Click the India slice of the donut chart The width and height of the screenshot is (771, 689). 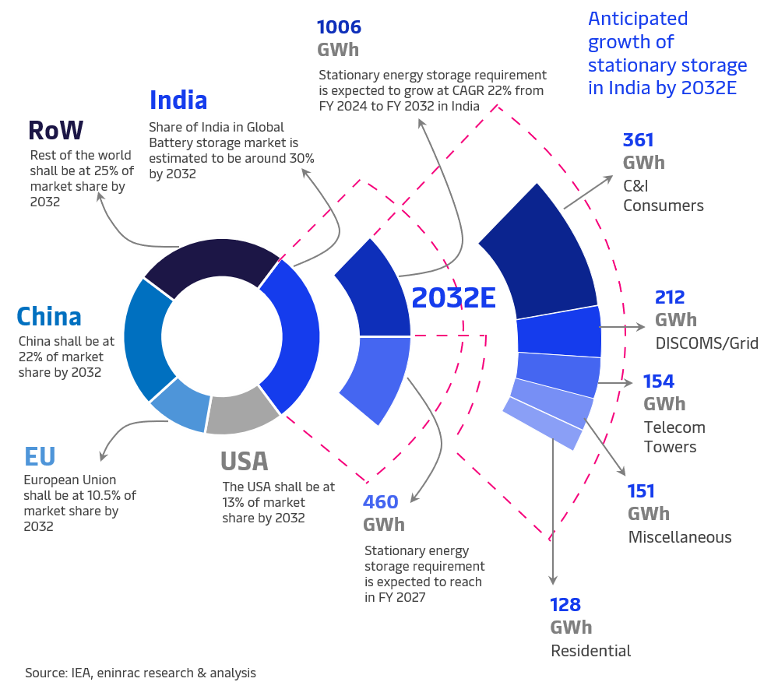click(x=294, y=335)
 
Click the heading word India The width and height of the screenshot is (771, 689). click(x=178, y=100)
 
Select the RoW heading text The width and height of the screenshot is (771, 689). click(x=55, y=129)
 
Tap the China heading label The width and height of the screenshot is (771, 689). click(x=49, y=317)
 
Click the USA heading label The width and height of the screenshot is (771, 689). click(x=245, y=462)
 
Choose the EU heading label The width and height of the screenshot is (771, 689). click(x=40, y=455)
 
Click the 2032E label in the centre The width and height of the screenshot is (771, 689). click(x=453, y=298)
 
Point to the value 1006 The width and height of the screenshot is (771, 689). click(x=339, y=28)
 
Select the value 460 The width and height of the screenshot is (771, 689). click(x=381, y=502)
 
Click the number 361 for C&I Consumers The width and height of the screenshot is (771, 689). click(x=638, y=141)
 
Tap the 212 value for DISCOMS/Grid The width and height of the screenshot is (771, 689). click(x=670, y=297)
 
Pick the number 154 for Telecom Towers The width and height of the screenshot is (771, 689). click(x=658, y=381)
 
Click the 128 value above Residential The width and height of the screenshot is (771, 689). click(x=566, y=605)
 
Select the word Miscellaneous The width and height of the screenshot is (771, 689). click(x=680, y=537)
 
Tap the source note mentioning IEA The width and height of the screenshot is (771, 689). click(x=140, y=673)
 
